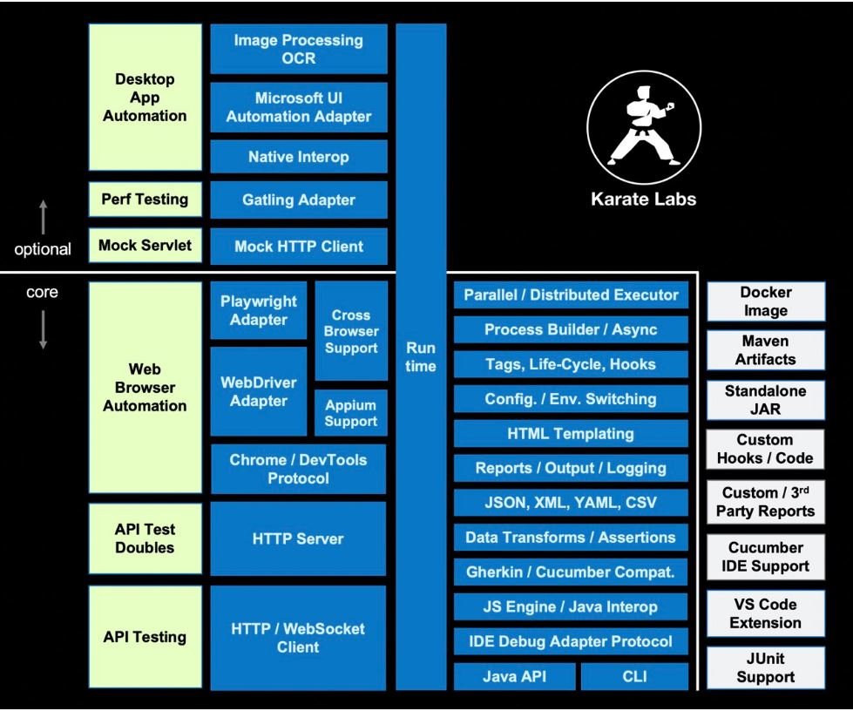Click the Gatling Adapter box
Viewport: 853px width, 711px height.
coord(299,200)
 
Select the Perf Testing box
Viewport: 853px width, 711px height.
coord(146,200)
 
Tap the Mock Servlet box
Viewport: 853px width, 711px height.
coord(146,246)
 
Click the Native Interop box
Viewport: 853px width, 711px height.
coord(299,157)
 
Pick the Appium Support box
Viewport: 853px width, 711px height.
coord(351,413)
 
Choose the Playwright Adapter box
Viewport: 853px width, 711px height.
coord(259,310)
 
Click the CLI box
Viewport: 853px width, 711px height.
coord(634,676)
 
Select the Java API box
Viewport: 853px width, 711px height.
coord(514,676)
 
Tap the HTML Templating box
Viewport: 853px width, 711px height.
coord(571,434)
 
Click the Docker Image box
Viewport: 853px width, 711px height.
coord(765,301)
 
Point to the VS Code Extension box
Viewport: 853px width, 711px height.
coord(765,613)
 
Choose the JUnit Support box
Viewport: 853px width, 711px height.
coord(765,667)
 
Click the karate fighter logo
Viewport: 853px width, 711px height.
coord(644,127)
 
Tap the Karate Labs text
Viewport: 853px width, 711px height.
coord(644,199)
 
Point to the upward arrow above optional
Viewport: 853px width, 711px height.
coord(44,217)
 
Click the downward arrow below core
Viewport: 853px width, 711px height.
coord(43,329)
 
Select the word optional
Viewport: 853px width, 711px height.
coord(43,249)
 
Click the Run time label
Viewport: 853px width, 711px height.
coord(421,357)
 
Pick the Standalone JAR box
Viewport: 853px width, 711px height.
coord(765,400)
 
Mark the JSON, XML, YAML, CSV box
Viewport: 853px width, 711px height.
coord(571,503)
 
